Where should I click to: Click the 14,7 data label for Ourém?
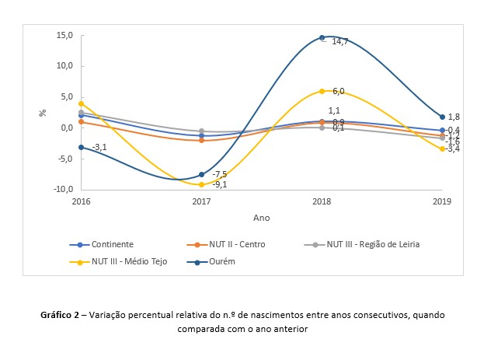tap(339, 41)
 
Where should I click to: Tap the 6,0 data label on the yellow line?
tap(338, 91)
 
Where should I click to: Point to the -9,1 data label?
tap(219, 184)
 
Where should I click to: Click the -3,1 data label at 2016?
tap(99, 147)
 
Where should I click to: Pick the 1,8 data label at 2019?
tap(454, 117)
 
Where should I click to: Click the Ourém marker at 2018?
tap(322, 37)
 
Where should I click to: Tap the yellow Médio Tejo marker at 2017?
tap(201, 184)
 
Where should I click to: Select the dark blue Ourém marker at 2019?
tap(442, 117)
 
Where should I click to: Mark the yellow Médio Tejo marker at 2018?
tap(322, 91)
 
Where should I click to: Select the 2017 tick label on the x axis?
tap(201, 201)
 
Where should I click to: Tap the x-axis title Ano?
tap(262, 218)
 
